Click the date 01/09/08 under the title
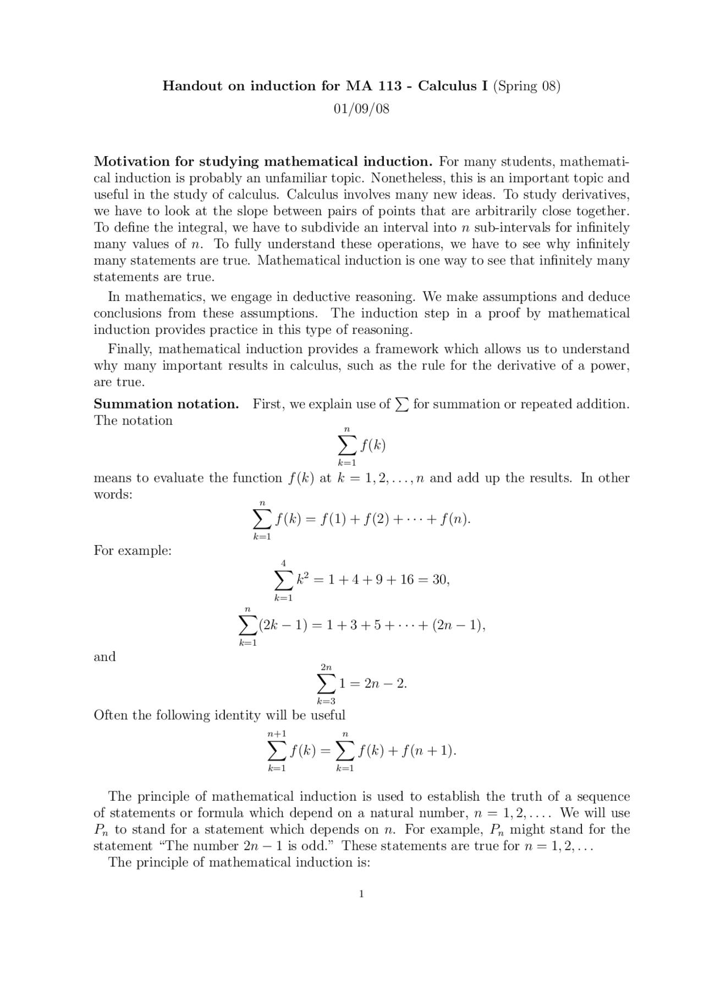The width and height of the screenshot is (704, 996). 361,109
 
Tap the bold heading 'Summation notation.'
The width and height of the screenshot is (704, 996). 166,404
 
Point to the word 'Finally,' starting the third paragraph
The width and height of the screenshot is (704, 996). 130,349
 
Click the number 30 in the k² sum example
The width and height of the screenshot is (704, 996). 440,580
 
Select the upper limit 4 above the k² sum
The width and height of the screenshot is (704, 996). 283,563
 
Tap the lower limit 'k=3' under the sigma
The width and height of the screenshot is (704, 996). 326,701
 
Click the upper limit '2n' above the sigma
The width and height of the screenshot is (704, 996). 326,667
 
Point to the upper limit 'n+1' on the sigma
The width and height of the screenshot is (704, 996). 277,734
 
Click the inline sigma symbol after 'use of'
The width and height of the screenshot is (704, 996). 402,405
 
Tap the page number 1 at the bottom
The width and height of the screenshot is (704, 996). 361,894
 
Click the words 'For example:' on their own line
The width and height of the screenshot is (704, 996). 133,551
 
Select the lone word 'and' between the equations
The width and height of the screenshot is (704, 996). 105,657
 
